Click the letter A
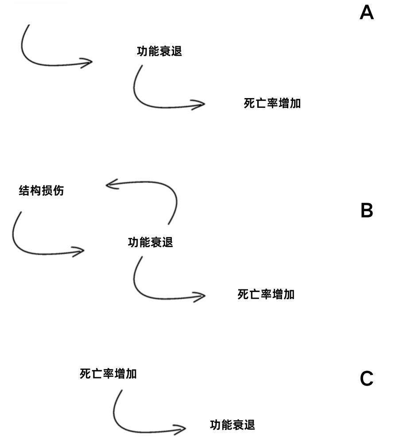367,12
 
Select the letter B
367,210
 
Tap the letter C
367,378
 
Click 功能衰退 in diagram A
159,51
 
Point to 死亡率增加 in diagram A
272,103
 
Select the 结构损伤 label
41,190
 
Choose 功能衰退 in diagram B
150,242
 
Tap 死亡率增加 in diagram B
266,294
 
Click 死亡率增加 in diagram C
108,374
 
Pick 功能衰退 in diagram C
232,425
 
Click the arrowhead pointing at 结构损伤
112,184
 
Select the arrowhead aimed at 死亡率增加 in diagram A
199,105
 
